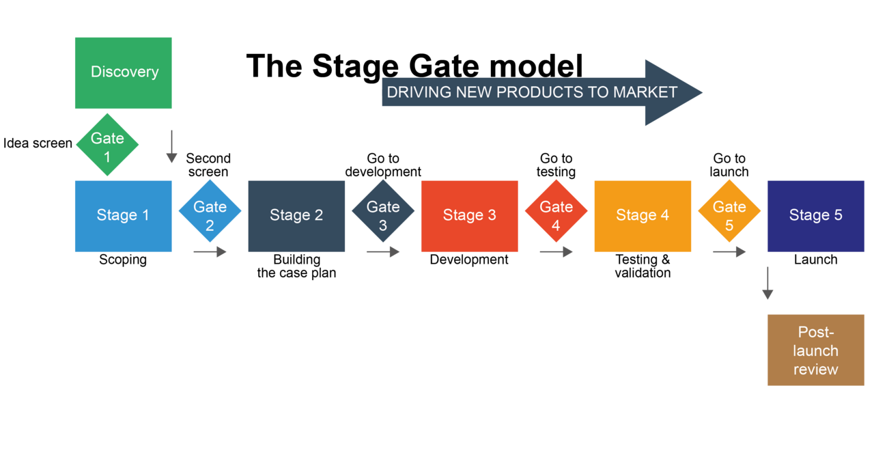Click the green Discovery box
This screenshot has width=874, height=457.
click(x=123, y=72)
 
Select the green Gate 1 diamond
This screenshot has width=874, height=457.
click(x=107, y=145)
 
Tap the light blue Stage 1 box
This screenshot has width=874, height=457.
click(x=123, y=216)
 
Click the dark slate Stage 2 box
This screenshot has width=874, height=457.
click(x=296, y=216)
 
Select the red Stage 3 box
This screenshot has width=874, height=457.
click(x=469, y=216)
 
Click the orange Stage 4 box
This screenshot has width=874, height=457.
click(x=643, y=216)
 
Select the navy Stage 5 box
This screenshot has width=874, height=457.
click(x=816, y=216)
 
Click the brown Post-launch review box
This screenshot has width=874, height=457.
click(x=816, y=350)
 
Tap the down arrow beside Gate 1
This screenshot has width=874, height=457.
click(x=171, y=147)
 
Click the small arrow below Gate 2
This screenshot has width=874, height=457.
click(x=210, y=252)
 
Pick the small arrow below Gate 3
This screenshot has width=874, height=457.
click(x=383, y=252)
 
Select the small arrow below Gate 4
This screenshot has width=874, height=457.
click(x=556, y=252)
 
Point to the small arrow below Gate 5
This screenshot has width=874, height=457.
click(x=729, y=252)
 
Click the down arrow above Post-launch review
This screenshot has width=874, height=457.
click(x=767, y=283)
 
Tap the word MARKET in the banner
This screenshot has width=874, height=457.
click(x=645, y=92)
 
